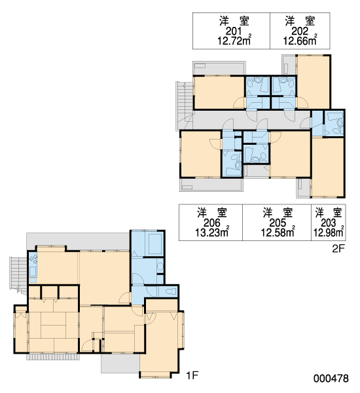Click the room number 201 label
(x=234, y=31)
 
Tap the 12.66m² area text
(x=300, y=41)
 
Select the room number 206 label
(x=211, y=223)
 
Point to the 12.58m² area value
(x=278, y=233)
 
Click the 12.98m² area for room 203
(x=329, y=233)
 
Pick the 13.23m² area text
(x=212, y=233)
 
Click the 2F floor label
(x=338, y=249)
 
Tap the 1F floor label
(x=192, y=375)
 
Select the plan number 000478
(x=331, y=379)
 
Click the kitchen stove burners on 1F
(x=33, y=259)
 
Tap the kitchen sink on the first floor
(x=33, y=271)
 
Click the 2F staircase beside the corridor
(x=185, y=105)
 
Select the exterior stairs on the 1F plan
(x=19, y=275)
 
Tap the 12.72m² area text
(x=234, y=41)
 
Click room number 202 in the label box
(x=300, y=31)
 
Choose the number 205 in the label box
(x=278, y=223)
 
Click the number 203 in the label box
(x=328, y=223)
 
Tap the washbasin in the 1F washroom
(x=160, y=267)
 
